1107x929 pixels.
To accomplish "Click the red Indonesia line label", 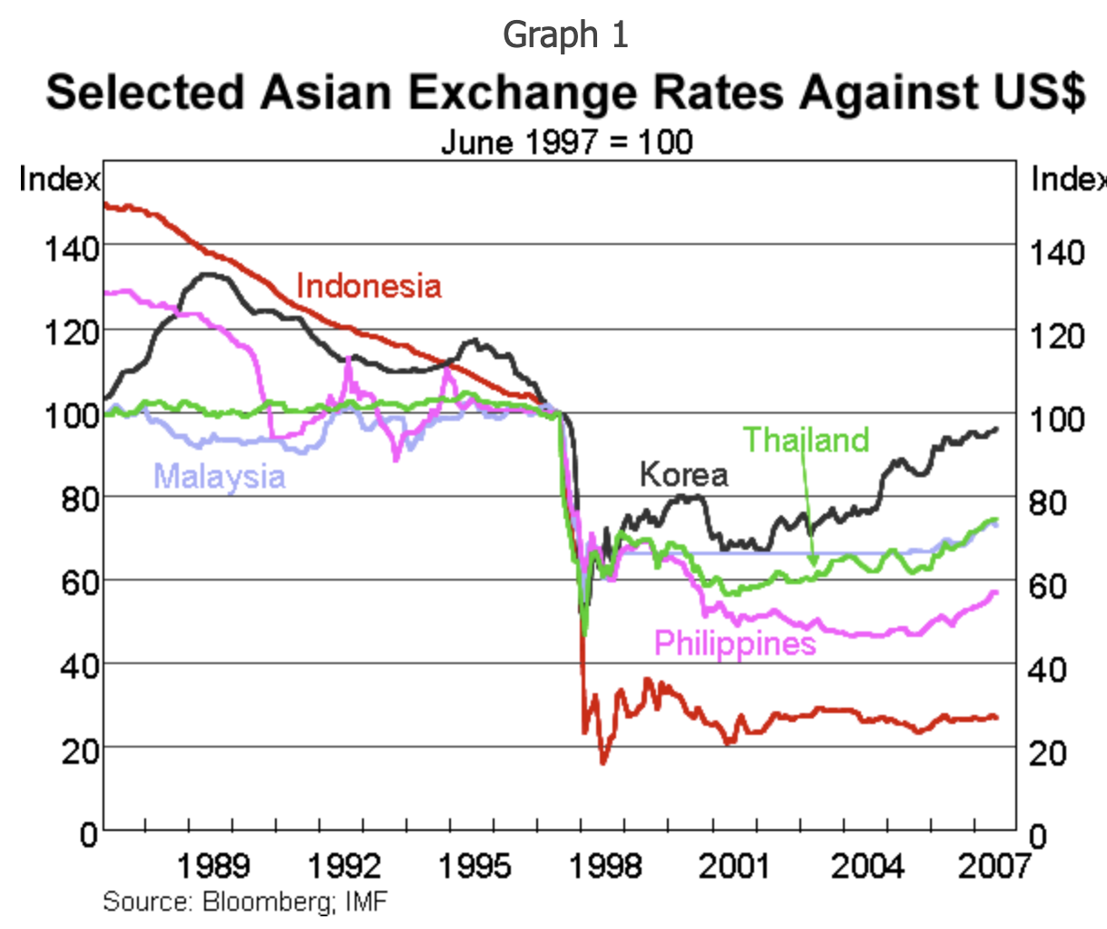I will [368, 287].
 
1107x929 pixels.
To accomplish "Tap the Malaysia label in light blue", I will [220, 476].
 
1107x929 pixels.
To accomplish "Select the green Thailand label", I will [806, 440].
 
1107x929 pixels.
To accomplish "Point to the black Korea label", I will [683, 474].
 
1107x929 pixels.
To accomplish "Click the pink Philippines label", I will [735, 643].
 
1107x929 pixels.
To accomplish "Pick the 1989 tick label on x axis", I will [212, 866].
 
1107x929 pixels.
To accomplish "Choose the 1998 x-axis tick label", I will [605, 866].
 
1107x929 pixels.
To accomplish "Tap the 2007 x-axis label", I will [994, 866].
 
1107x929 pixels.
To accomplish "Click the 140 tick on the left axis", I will [72, 248].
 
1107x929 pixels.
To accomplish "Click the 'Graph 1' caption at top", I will [565, 35].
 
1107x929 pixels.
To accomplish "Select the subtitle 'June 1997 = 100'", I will [566, 142].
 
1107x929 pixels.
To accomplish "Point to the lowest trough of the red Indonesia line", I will [602, 762].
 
